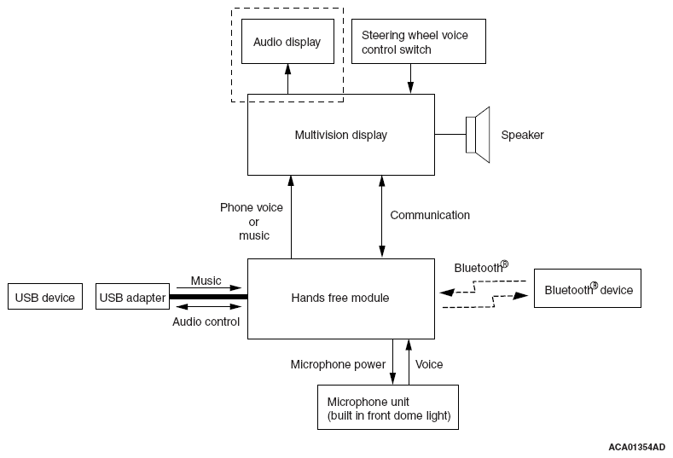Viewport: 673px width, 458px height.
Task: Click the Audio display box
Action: click(287, 42)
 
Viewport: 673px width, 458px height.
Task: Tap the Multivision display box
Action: click(340, 135)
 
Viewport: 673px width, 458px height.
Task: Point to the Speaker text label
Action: click(522, 135)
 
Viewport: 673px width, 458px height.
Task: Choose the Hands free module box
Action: click(340, 298)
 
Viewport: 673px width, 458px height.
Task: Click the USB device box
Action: click(44, 298)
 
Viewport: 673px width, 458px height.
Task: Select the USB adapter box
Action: click(132, 298)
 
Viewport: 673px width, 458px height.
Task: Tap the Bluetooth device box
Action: click(589, 290)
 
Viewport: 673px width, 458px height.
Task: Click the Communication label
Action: click(430, 215)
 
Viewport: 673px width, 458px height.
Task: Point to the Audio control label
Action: click(206, 322)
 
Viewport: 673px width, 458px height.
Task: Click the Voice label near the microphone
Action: click(429, 364)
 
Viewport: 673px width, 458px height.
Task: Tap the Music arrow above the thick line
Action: click(209, 287)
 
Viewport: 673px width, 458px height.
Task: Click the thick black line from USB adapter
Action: click(208, 297)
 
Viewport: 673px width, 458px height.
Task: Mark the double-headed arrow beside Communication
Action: click(381, 217)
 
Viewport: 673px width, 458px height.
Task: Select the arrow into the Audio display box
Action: click(287, 78)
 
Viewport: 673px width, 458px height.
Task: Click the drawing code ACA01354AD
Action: click(637, 446)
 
